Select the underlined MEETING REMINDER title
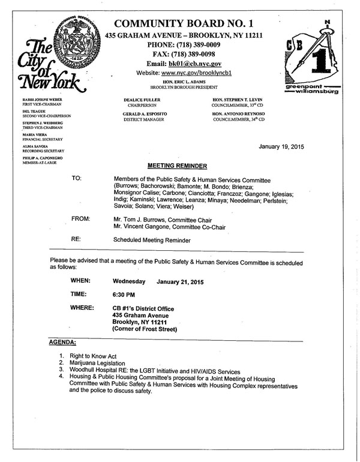coord(177,165)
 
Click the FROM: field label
coord(80,220)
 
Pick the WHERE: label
coord(82,308)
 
